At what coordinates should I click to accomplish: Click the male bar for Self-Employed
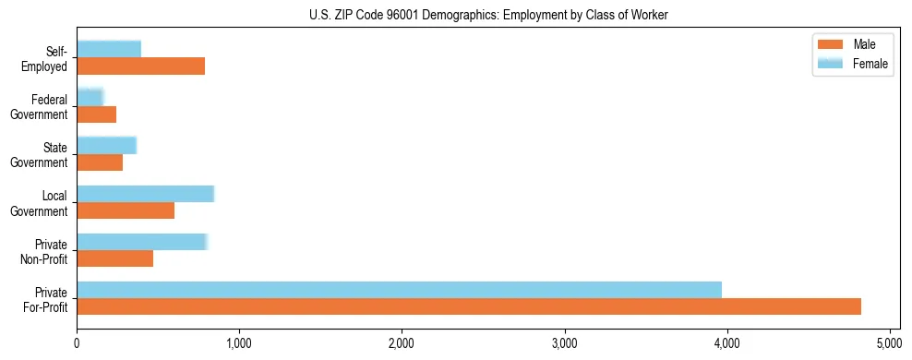[x=140, y=66]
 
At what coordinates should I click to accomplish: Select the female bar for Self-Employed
[x=109, y=49]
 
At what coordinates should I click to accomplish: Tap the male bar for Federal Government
[x=96, y=114]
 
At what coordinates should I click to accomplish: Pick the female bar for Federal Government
[x=90, y=97]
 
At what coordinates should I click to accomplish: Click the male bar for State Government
[x=100, y=162]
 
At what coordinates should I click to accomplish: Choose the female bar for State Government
[x=106, y=145]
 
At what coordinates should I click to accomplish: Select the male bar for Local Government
[x=126, y=210]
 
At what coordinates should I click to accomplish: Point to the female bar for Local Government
[x=145, y=193]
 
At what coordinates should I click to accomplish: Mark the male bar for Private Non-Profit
[x=114, y=258]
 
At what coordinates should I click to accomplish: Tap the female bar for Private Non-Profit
[x=142, y=242]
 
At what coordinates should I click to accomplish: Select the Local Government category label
[x=42, y=203]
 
